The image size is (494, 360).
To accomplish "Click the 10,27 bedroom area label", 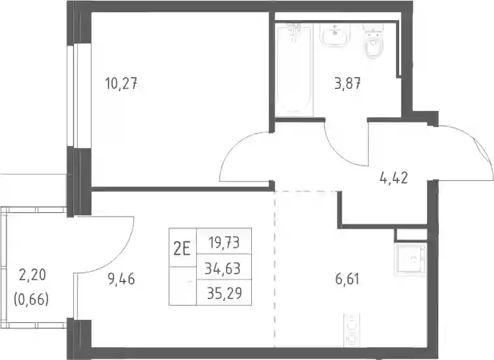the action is tap(121, 84).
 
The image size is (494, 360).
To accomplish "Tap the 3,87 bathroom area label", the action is tap(347, 84).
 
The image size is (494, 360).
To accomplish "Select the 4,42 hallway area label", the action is tap(394, 178).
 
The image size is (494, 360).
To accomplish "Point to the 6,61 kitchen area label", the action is tap(347, 279).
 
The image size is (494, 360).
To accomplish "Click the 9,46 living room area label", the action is tap(121, 279).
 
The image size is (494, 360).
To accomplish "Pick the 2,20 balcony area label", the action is tap(32, 275).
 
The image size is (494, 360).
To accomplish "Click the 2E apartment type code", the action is tap(182, 250).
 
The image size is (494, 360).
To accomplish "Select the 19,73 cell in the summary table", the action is tap(224, 243).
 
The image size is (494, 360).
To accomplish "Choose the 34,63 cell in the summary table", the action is tap(223, 269).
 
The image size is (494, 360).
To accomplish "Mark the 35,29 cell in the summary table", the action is tap(225, 293).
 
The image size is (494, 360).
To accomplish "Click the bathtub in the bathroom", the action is tap(294, 70).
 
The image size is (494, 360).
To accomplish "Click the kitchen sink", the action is tap(410, 258).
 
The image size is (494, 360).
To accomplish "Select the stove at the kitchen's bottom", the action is tap(351, 330).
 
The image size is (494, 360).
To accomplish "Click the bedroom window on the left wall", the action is tap(79, 95).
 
